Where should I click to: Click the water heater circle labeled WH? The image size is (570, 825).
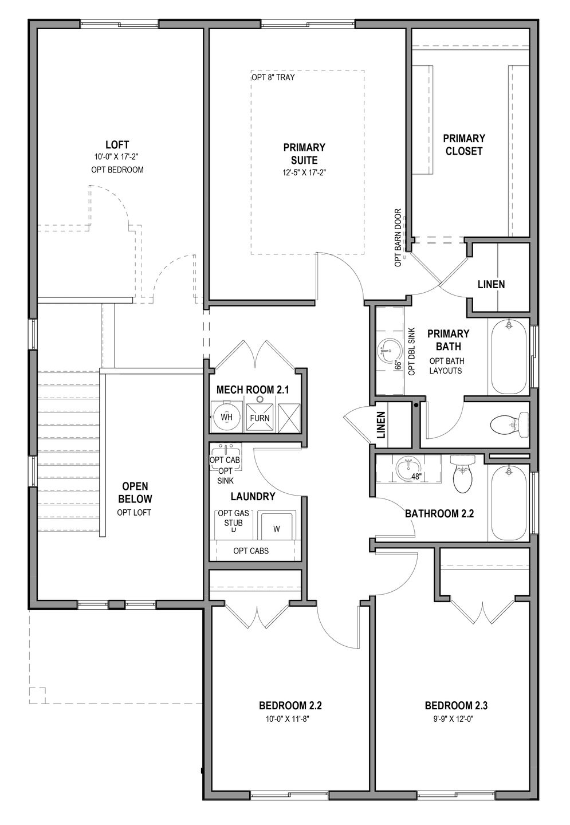(227, 418)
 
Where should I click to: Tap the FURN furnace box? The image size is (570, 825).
(260, 418)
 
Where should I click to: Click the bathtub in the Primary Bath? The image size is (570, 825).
(509, 356)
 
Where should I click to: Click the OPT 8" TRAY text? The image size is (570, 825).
(273, 77)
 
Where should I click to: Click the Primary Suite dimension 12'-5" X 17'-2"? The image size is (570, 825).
(304, 172)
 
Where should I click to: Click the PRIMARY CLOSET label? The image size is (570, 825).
(463, 144)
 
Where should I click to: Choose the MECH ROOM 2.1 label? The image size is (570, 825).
(253, 390)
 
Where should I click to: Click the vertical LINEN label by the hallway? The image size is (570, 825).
(382, 426)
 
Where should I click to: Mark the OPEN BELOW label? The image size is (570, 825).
(134, 492)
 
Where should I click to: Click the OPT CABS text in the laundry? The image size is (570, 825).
(251, 551)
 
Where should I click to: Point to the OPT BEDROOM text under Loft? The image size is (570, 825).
(117, 170)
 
